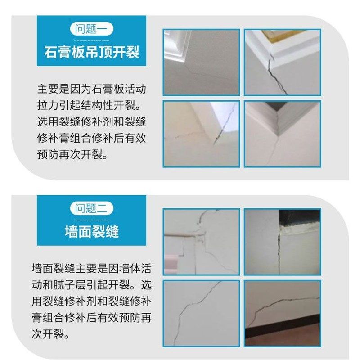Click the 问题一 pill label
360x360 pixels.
[x=91, y=30]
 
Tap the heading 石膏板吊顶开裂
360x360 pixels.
[x=91, y=52]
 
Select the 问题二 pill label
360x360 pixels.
[x=91, y=208]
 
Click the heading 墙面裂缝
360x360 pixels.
[x=91, y=231]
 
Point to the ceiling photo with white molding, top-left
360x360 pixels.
[x=201, y=62]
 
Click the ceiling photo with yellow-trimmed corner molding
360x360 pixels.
[x=282, y=62]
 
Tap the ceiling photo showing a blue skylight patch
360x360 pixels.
[x=201, y=134]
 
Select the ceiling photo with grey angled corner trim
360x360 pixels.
[x=282, y=134]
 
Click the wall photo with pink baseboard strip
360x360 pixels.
[x=201, y=242]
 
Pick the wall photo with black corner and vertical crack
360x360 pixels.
[x=282, y=242]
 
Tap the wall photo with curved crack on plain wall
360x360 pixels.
[x=201, y=313]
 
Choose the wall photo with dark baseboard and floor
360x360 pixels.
[x=282, y=313]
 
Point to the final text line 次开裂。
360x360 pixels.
[x=50, y=335]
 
